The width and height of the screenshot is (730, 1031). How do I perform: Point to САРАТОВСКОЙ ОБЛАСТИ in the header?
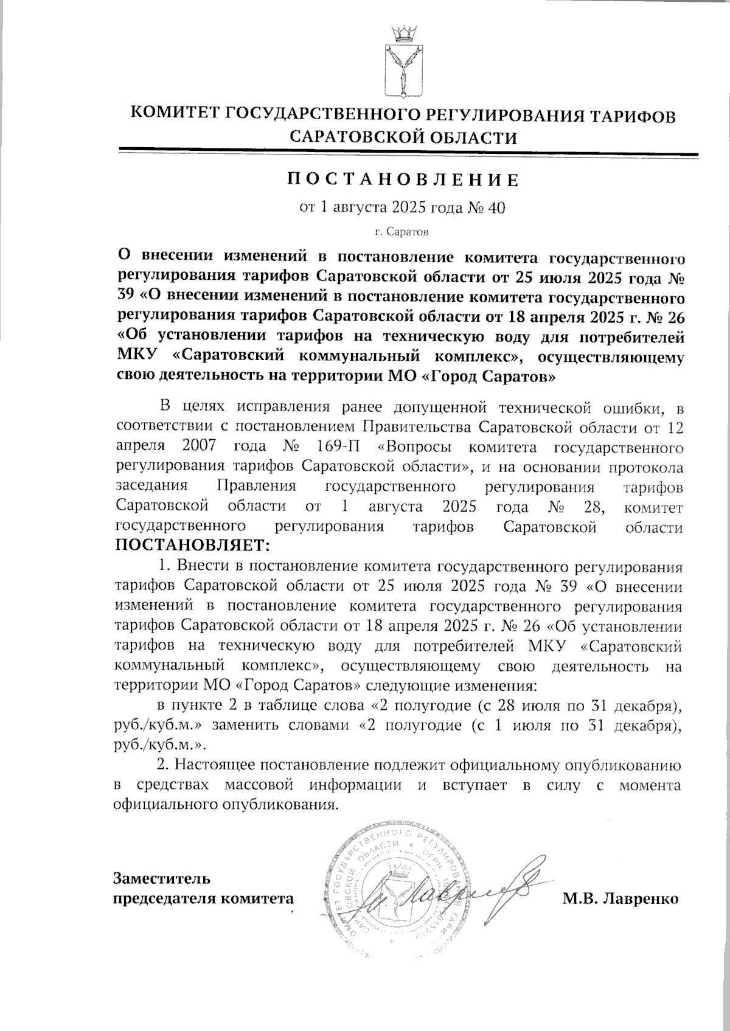coord(403,137)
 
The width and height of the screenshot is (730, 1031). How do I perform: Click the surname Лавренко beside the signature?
coord(639,898)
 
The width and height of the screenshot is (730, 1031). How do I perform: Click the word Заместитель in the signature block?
coord(163,878)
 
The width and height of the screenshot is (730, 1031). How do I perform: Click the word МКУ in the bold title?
coord(134,355)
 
